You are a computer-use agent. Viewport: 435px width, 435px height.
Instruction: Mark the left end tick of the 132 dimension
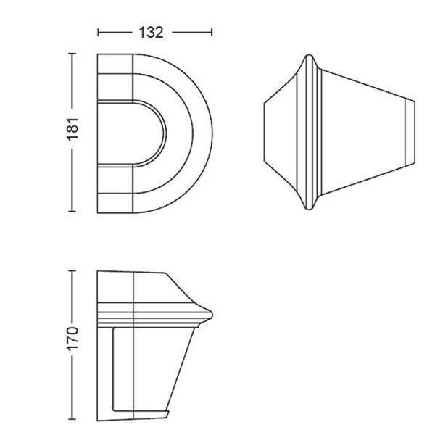[x=99, y=33]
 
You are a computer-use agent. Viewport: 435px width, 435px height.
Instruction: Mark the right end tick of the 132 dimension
[x=212, y=33]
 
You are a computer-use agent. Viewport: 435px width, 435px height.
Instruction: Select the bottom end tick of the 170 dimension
[x=70, y=420]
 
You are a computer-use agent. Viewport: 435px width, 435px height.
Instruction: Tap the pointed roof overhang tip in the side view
[x=211, y=313]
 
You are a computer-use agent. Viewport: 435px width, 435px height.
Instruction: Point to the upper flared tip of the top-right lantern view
[x=312, y=57]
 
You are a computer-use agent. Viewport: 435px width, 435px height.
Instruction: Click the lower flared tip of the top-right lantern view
[x=312, y=210]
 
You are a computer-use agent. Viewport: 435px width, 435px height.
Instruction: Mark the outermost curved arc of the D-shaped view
[x=210, y=134]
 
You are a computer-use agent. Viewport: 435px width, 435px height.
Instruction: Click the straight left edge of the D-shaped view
[x=98, y=134]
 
